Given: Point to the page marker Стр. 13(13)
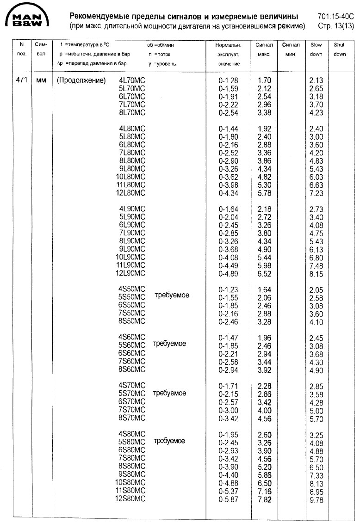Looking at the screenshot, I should tap(336, 26).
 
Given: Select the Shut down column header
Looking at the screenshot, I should tap(339, 49).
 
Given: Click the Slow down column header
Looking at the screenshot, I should tap(317, 49).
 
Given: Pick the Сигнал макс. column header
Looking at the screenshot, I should tap(264, 49).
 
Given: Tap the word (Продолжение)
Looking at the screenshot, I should tap(81, 80).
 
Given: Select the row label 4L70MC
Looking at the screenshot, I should tap(132, 80).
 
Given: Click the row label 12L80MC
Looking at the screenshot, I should tap(130, 193).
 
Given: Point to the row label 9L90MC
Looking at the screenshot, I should tap(132, 249).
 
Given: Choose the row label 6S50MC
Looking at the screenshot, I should tap(132, 305).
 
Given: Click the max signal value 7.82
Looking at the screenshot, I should tap(264, 499).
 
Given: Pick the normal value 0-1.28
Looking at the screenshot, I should tap(228, 80).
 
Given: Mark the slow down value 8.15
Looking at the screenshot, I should tap(317, 274).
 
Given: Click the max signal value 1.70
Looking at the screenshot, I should tap(264, 80).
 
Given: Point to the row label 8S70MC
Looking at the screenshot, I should tap(132, 418).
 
